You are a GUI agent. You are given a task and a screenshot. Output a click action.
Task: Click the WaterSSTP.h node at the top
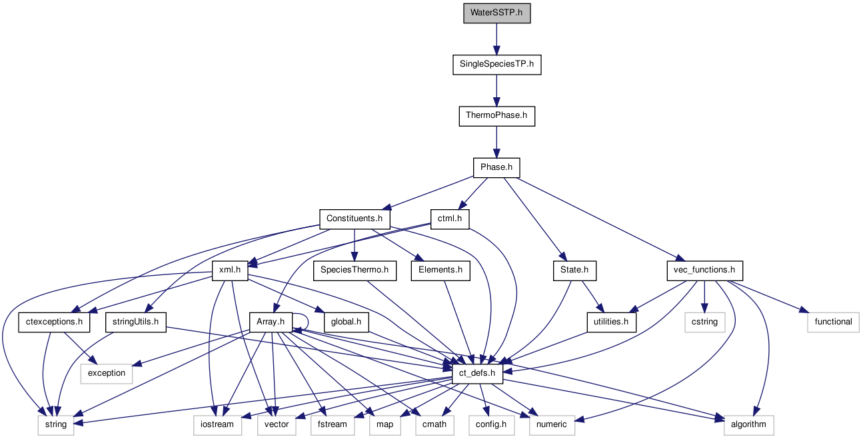(496, 13)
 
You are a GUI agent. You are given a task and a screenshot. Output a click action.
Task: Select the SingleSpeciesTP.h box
(496, 65)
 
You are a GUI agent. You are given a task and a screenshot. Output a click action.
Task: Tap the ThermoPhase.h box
(496, 116)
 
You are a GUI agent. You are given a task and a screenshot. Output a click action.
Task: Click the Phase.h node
(496, 167)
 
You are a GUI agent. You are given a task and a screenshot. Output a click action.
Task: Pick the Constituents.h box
(355, 219)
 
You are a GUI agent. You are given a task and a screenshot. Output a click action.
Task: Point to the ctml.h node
(450, 219)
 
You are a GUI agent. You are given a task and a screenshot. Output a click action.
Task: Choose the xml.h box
(230, 270)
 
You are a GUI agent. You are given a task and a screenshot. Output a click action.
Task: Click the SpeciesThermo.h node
(355, 270)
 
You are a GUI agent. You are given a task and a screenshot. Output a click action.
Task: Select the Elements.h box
(440, 270)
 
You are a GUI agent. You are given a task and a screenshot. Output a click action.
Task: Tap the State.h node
(574, 270)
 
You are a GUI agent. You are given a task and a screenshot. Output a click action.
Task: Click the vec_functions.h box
(704, 270)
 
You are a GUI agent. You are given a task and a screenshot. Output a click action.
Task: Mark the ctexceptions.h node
(55, 322)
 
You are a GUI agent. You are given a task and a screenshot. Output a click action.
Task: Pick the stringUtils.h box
(135, 322)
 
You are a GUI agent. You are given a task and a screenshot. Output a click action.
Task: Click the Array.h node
(271, 322)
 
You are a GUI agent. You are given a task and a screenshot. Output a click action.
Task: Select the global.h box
(346, 322)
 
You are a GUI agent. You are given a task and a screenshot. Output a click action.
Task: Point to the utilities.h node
(611, 322)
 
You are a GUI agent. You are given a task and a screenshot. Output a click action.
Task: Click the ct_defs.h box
(477, 374)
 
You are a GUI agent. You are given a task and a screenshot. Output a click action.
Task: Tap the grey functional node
(833, 322)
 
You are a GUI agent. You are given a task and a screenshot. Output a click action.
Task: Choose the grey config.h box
(491, 424)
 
